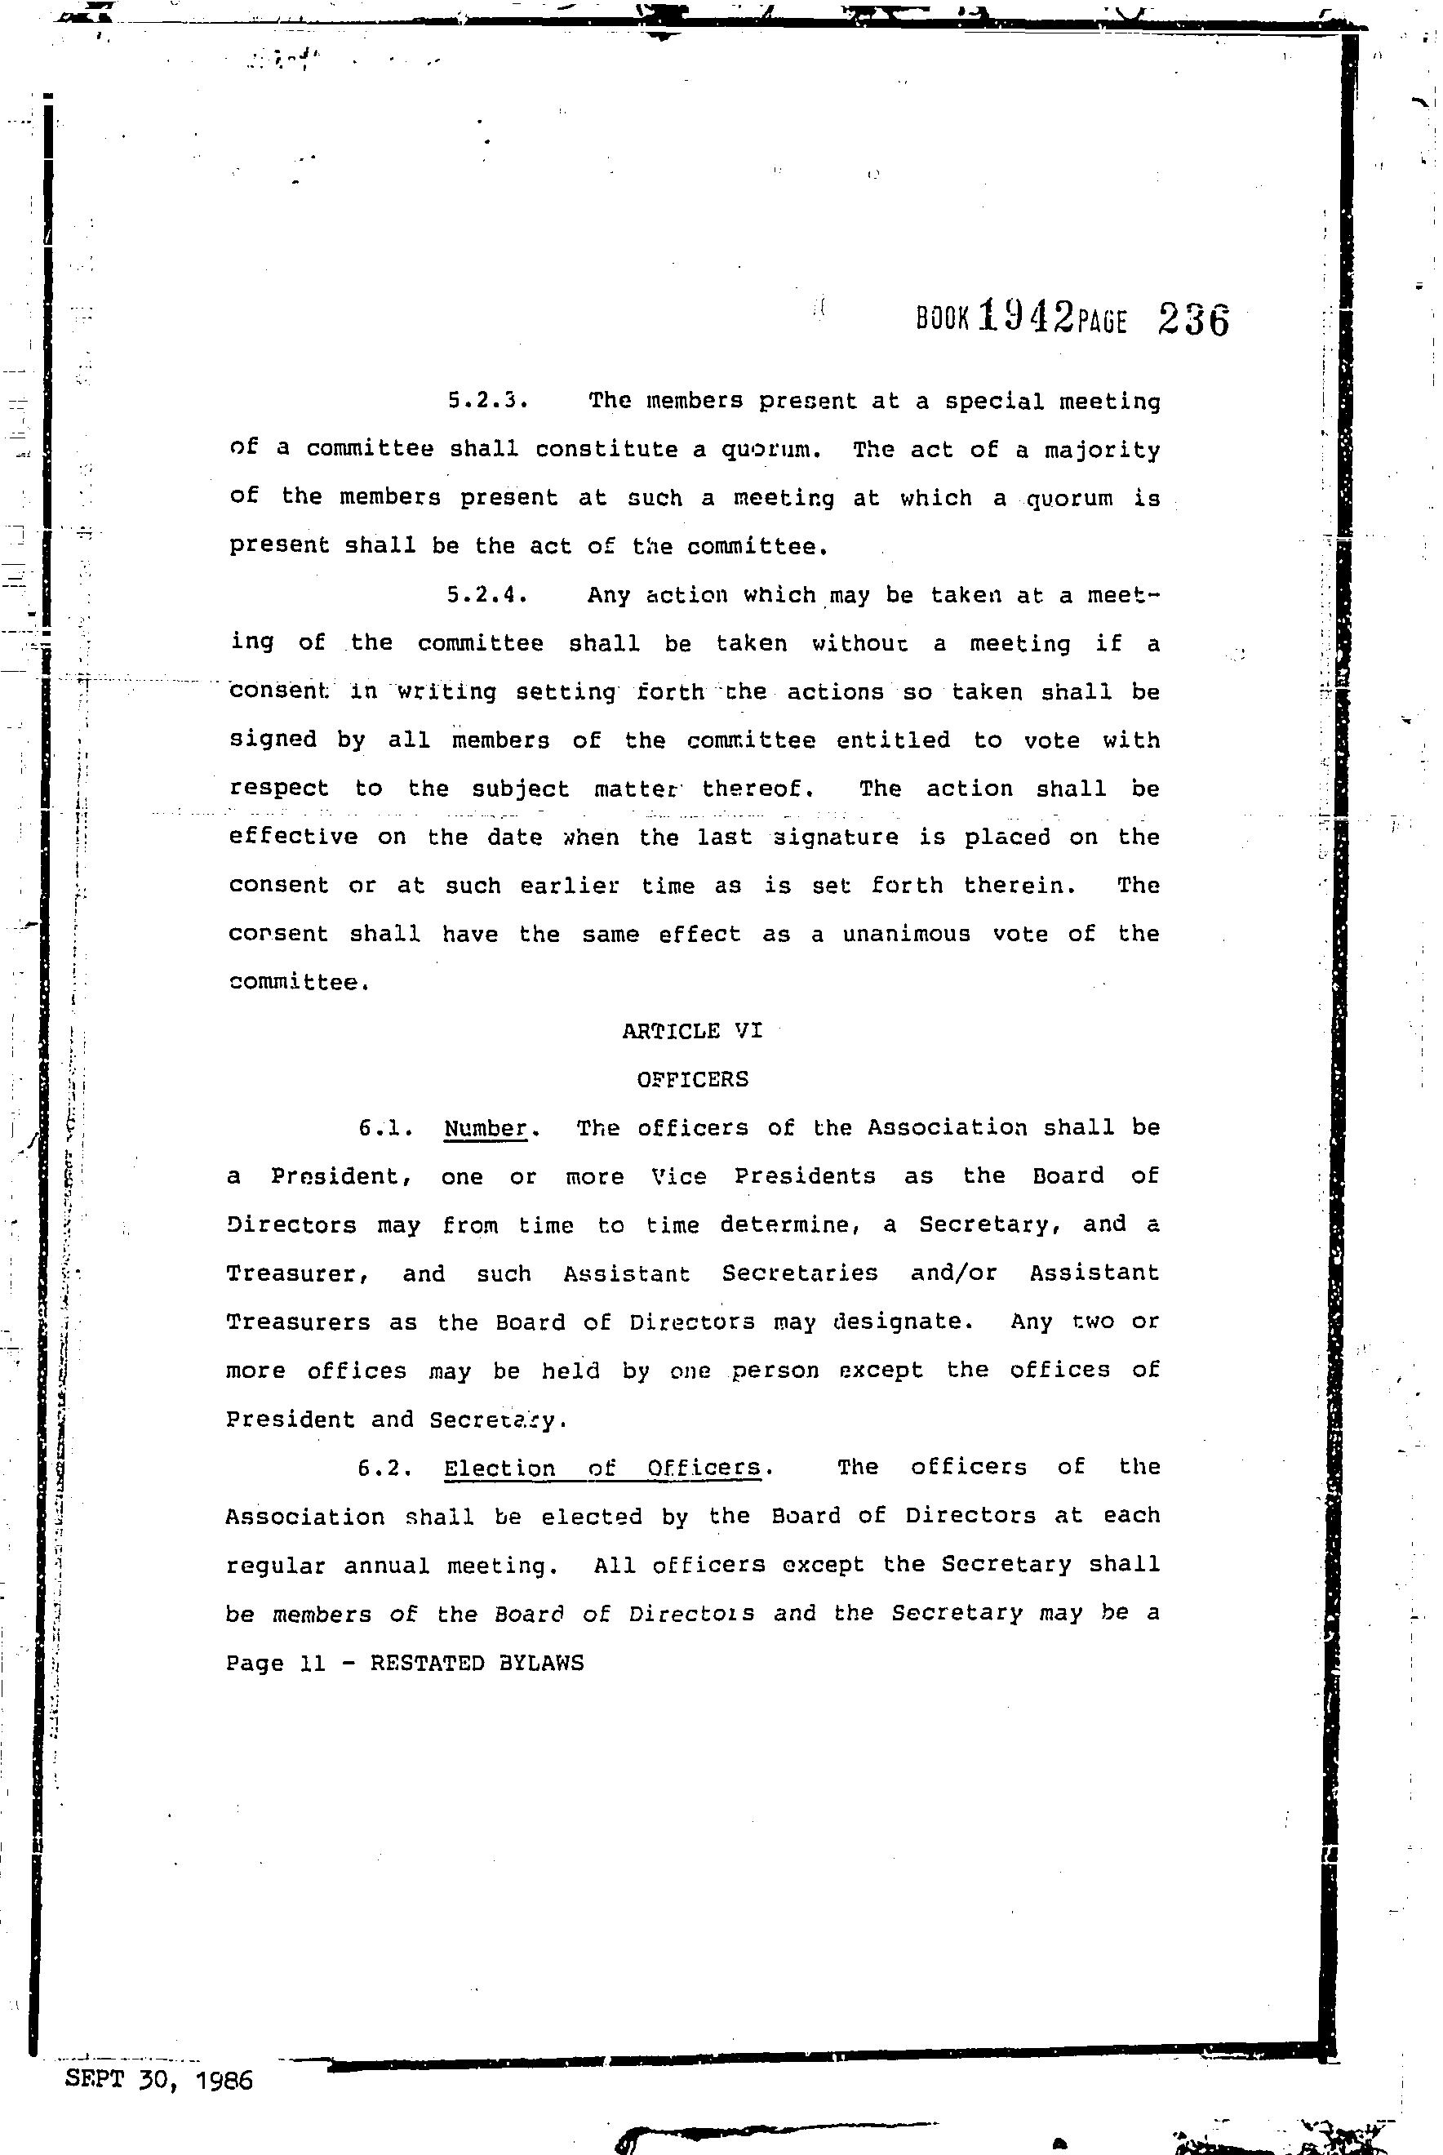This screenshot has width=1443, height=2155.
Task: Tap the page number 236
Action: (x=1193, y=320)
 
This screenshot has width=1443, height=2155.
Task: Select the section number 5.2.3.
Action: (x=486, y=401)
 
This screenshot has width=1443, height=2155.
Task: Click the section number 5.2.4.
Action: (x=486, y=594)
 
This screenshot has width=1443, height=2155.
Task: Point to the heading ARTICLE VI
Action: (x=692, y=1031)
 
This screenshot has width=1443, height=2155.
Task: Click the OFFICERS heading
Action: (x=692, y=1079)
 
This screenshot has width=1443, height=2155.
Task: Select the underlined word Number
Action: (x=485, y=1128)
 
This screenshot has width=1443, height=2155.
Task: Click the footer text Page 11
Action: (x=276, y=1663)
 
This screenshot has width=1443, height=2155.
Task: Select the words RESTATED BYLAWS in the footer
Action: (x=477, y=1663)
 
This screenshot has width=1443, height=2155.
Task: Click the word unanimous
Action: (x=907, y=934)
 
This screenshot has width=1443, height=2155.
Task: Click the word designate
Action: (x=902, y=1322)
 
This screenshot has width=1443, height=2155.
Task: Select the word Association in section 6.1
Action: (x=947, y=1128)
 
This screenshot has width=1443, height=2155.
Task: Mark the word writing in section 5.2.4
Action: (x=446, y=692)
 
